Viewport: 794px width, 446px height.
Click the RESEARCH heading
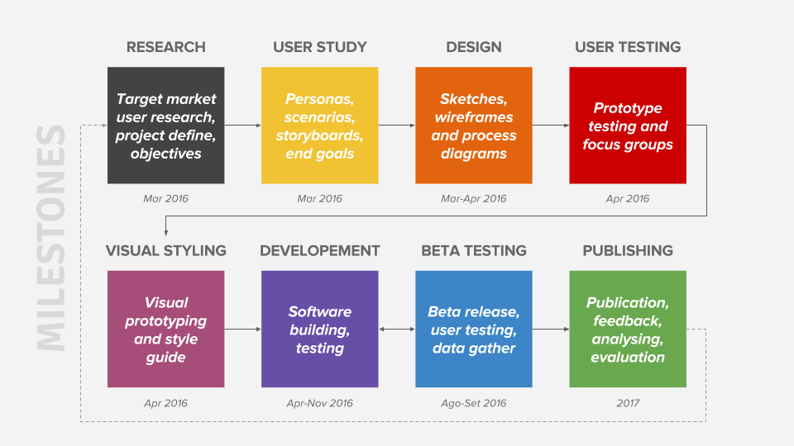point(166,47)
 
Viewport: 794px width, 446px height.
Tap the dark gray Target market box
point(166,126)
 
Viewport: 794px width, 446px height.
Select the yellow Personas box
point(319,126)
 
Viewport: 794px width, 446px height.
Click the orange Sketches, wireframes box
point(473,126)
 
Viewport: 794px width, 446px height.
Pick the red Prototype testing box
point(628,126)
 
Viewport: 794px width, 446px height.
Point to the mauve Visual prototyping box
point(166,330)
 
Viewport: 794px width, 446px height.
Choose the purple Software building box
point(319,330)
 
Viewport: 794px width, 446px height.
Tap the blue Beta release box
point(473,330)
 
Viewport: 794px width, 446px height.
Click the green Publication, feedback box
point(628,330)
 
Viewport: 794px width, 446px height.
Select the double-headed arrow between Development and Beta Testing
point(397,330)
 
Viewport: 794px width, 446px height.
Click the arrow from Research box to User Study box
point(243,126)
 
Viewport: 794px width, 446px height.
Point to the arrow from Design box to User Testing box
point(551,126)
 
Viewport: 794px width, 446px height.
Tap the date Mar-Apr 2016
point(473,199)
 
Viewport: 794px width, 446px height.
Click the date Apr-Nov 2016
point(319,403)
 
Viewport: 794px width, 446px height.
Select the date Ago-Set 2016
point(473,403)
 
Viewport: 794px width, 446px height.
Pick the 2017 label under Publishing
point(628,403)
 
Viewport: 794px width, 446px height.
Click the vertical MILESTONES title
point(50,238)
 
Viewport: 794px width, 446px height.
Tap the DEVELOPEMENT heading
point(319,251)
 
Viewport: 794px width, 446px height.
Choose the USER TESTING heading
point(628,47)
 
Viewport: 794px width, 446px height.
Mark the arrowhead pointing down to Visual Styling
point(166,233)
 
